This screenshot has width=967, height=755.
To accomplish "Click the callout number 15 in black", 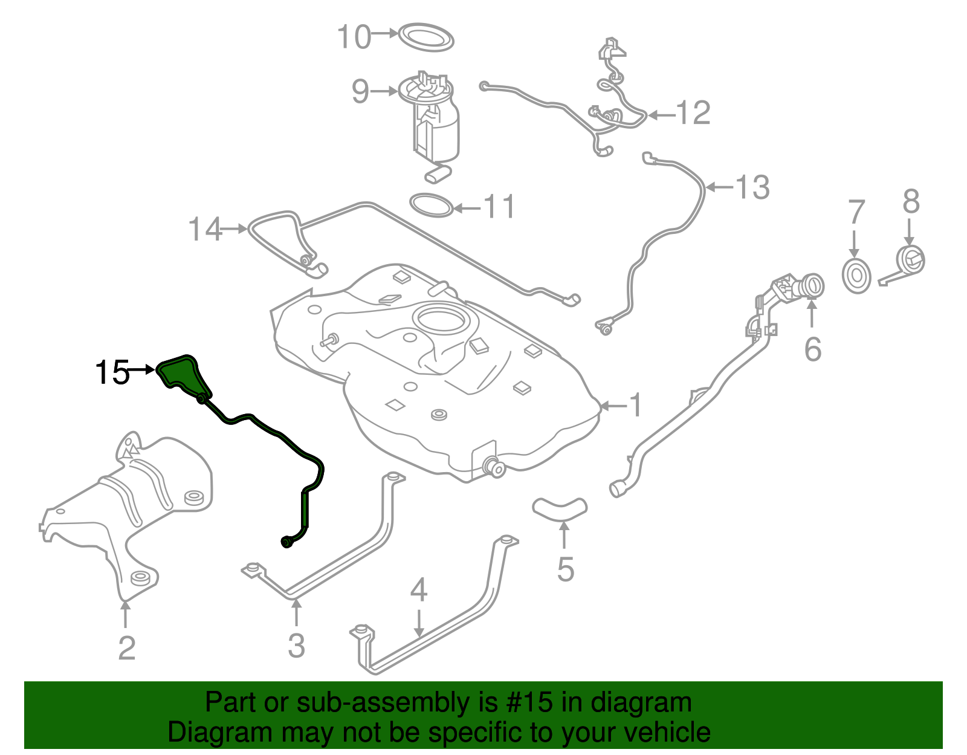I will (x=112, y=372).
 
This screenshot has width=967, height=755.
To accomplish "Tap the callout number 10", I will (x=354, y=37).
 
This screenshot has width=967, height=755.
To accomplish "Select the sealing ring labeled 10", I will (x=426, y=37).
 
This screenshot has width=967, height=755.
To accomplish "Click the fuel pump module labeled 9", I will (x=434, y=121).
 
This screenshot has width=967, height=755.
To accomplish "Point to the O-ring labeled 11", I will (x=431, y=206).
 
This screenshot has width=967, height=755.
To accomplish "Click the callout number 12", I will (x=693, y=113).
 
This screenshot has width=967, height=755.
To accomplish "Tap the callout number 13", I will (x=752, y=187).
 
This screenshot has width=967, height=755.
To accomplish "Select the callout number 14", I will (x=205, y=230).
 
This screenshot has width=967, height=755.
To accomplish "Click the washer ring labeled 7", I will (x=856, y=276).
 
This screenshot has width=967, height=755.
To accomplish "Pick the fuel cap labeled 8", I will (x=909, y=261).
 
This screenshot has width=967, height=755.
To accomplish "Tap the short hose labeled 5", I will (x=560, y=508).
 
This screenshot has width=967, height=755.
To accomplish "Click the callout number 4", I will (x=419, y=590).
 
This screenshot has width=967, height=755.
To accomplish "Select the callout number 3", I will (x=296, y=646).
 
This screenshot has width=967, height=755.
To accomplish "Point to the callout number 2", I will (x=126, y=648).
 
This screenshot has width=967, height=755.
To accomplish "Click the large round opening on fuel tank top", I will (x=440, y=319).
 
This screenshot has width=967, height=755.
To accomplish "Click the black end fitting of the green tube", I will (x=288, y=542).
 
